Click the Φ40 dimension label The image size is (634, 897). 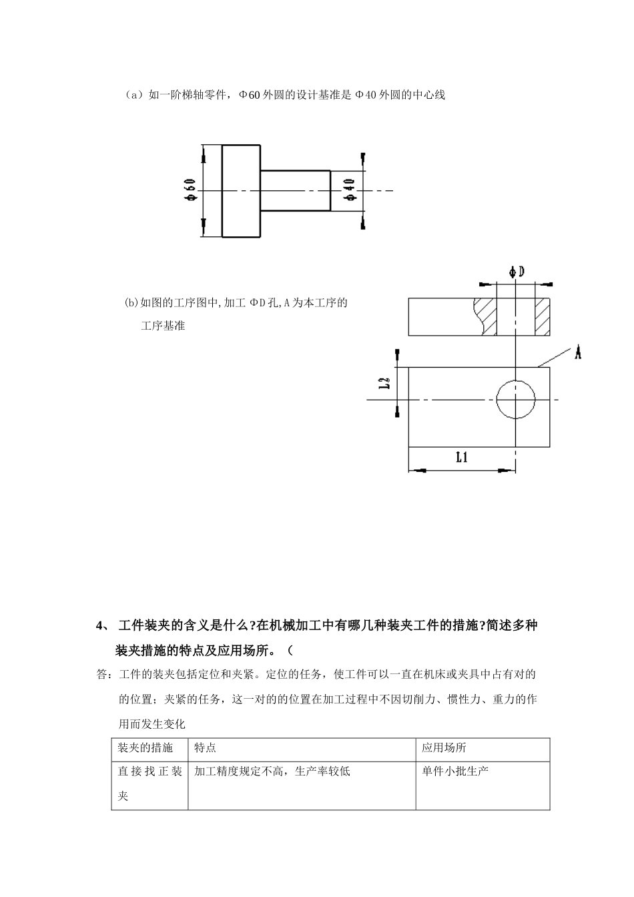[x=349, y=190]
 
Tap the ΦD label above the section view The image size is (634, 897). [x=517, y=272]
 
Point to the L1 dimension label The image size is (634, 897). [x=462, y=457]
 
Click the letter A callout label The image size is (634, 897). [x=577, y=352]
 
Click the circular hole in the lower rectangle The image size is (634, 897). [x=516, y=400]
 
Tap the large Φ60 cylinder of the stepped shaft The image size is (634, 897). [x=241, y=191]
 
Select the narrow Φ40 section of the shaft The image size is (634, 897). [x=295, y=191]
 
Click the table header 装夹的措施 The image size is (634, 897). [x=145, y=747]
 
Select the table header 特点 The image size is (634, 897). [x=206, y=747]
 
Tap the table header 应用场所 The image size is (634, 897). [x=444, y=747]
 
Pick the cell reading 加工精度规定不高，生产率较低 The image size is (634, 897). [x=272, y=772]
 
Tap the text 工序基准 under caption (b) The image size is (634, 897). [x=163, y=326]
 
